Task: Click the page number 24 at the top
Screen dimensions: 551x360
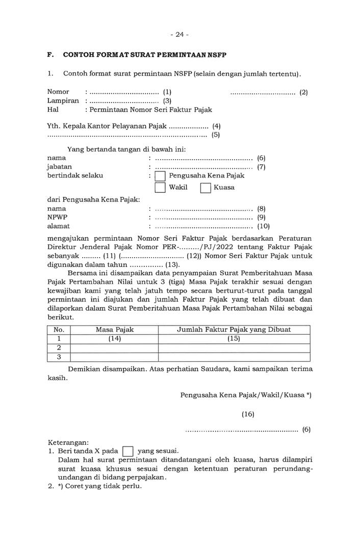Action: pyautogui.click(x=179, y=35)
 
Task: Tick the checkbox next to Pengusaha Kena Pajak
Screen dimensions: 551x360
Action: pyautogui.click(x=160, y=176)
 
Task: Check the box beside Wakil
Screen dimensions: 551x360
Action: pyautogui.click(x=160, y=188)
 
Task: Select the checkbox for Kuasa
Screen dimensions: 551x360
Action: pyautogui.click(x=205, y=188)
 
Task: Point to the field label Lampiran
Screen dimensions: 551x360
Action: pyautogui.click(x=63, y=101)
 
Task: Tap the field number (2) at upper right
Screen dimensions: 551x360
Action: pyautogui.click(x=303, y=92)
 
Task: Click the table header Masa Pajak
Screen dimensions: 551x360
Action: pyautogui.click(x=114, y=330)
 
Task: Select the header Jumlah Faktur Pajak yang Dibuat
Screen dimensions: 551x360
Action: pyautogui.click(x=234, y=330)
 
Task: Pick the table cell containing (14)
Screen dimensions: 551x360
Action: pyautogui.click(x=114, y=339)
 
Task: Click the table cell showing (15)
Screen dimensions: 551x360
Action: pyautogui.click(x=234, y=339)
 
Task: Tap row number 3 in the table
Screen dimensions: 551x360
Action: pyautogui.click(x=59, y=357)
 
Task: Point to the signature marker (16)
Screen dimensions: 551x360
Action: pyautogui.click(x=248, y=414)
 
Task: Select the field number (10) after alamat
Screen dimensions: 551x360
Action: pyautogui.click(x=263, y=226)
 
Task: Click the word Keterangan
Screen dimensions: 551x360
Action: pyautogui.click(x=68, y=442)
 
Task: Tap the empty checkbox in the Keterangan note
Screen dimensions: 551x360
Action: pyautogui.click(x=128, y=451)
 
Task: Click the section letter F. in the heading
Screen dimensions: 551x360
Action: pyautogui.click(x=50, y=55)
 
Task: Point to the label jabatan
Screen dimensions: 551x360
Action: pyautogui.click(x=59, y=167)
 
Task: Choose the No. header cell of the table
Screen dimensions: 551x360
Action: pyautogui.click(x=59, y=330)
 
